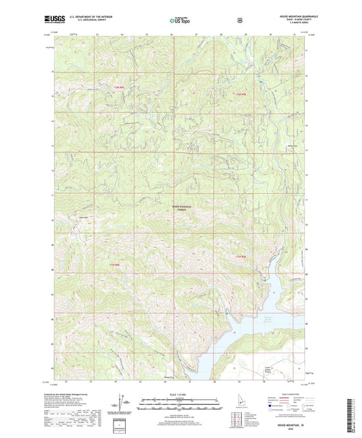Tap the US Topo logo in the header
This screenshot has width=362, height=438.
(x=179, y=21)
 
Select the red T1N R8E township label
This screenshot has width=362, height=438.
(x=114, y=265)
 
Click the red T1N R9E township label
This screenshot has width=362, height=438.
(x=238, y=256)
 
